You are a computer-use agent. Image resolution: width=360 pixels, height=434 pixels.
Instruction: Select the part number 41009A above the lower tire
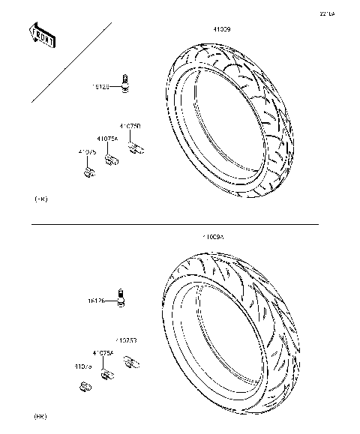tap(212, 237)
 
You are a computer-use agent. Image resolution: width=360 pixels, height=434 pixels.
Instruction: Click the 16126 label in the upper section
tap(100, 87)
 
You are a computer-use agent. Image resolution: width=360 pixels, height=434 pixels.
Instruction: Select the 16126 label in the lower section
tap(95, 301)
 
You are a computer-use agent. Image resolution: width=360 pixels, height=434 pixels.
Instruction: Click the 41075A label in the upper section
tap(108, 139)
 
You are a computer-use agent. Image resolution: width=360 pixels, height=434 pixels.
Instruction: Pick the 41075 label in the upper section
tap(87, 152)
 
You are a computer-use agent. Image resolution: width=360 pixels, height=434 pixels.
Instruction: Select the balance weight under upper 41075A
tap(112, 159)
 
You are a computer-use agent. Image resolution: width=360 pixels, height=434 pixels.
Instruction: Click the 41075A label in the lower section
tap(103, 352)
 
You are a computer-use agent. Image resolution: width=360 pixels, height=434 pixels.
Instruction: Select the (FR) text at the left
tap(40, 199)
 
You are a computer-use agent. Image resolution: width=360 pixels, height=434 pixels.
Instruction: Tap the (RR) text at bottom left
tap(40, 415)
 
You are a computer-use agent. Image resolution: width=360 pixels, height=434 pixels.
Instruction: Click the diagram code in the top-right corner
tap(328, 13)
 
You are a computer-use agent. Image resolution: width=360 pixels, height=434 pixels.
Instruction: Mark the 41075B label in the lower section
tap(125, 340)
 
